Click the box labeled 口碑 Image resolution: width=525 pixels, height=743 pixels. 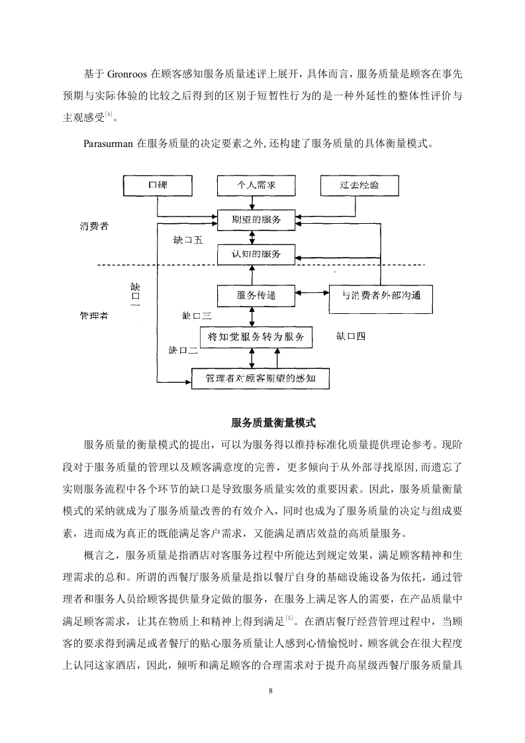click(x=158, y=185)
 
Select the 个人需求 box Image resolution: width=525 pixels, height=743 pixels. click(x=256, y=185)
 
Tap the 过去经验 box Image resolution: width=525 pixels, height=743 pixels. click(x=359, y=185)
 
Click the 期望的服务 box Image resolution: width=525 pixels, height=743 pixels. click(x=256, y=221)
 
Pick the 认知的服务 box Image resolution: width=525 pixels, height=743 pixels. click(x=256, y=254)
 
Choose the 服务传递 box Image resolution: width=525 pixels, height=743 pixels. click(x=256, y=296)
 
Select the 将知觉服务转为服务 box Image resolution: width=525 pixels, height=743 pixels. click(x=256, y=337)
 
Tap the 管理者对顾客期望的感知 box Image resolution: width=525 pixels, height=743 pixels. click(x=260, y=379)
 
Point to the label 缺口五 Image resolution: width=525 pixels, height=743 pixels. click(x=188, y=240)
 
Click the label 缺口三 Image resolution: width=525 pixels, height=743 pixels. click(x=197, y=316)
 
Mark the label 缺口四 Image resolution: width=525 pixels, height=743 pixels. click(x=351, y=336)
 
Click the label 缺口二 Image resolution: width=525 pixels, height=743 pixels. click(x=183, y=351)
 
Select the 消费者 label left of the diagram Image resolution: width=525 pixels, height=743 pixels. click(x=94, y=226)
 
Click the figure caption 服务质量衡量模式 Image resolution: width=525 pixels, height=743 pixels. click(x=273, y=422)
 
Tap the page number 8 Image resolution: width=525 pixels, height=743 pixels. click(x=271, y=691)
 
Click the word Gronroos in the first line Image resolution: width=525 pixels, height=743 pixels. click(x=127, y=74)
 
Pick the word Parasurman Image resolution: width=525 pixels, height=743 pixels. click(x=108, y=144)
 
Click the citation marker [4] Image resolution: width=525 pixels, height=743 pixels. click(x=109, y=114)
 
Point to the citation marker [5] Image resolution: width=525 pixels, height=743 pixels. click(x=289, y=617)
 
